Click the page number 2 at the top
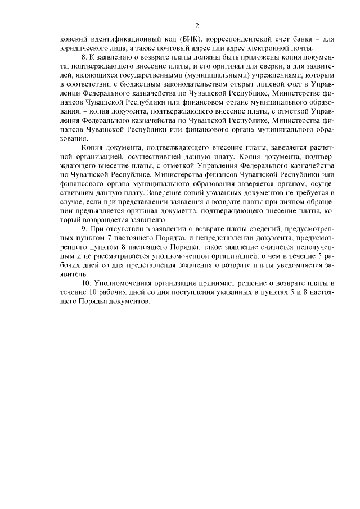tap(197, 25)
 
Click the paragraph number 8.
tap(84, 58)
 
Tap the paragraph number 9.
tap(84, 229)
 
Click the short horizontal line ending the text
tap(196, 331)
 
